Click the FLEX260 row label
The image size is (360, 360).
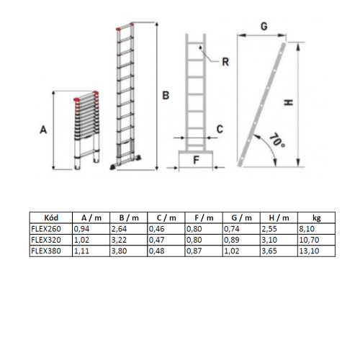(46, 229)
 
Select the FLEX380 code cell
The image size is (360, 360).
(46, 251)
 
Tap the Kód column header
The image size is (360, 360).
(51, 217)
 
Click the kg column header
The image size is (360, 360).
(317, 218)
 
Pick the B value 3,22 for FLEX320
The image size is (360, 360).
(119, 240)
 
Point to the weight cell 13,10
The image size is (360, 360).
(309, 251)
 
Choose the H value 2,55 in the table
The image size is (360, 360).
(269, 229)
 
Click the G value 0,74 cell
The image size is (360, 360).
(232, 229)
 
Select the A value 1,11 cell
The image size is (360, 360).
(81, 251)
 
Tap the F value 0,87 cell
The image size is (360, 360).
(194, 251)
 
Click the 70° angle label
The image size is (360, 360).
(277, 141)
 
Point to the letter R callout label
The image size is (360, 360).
(225, 62)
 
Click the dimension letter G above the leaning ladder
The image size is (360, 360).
(264, 26)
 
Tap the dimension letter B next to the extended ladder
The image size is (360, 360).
(166, 95)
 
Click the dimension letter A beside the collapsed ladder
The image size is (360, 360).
(43, 130)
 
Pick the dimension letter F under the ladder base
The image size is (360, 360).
(197, 160)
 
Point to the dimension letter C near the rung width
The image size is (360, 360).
(220, 129)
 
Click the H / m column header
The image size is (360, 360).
(279, 218)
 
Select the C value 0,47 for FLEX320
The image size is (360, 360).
(156, 240)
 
